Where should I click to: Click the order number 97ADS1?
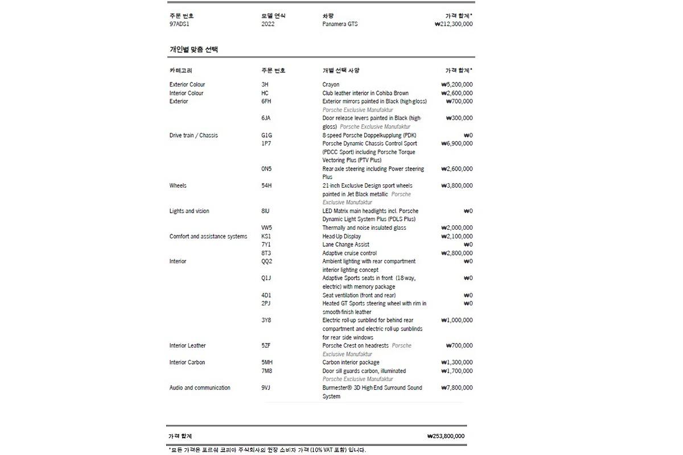pyautogui.click(x=179, y=24)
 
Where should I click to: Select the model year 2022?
pyautogui.click(x=268, y=24)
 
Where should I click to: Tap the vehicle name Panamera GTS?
pyautogui.click(x=340, y=24)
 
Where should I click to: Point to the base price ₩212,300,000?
pyautogui.click(x=453, y=24)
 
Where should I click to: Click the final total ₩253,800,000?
pyautogui.click(x=446, y=436)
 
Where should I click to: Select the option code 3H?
pyautogui.click(x=265, y=85)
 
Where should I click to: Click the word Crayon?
pyautogui.click(x=331, y=85)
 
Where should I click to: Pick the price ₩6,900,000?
pyautogui.click(x=456, y=144)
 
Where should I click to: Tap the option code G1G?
pyautogui.click(x=266, y=135)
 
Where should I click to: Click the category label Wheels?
pyautogui.click(x=178, y=186)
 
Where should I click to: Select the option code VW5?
pyautogui.click(x=266, y=228)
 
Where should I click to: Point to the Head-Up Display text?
pyautogui.click(x=341, y=237)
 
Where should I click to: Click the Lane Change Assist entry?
pyautogui.click(x=345, y=245)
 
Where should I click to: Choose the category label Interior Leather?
pyautogui.click(x=187, y=346)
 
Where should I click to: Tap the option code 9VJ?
pyautogui.click(x=266, y=388)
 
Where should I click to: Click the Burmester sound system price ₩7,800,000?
pyautogui.click(x=456, y=388)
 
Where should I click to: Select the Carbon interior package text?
pyautogui.click(x=351, y=362)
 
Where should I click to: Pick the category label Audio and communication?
pyautogui.click(x=200, y=388)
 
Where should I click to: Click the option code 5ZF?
pyautogui.click(x=266, y=346)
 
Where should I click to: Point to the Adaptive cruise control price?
pyautogui.click(x=456, y=253)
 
